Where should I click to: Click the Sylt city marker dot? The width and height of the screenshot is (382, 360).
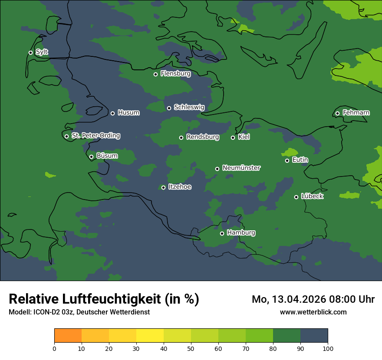[31, 52]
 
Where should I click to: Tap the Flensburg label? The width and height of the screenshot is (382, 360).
[175, 74]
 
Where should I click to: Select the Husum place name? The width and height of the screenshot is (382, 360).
[128, 113]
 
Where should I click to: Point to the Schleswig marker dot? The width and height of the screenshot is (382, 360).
[169, 108]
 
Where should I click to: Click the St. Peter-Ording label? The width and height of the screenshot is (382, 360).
[95, 136]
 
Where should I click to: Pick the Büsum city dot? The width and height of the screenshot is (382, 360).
[92, 157]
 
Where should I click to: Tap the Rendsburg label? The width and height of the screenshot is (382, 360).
[202, 137]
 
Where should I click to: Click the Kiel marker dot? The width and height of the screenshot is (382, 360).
[233, 137]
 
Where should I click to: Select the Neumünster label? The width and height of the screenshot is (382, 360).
[241, 168]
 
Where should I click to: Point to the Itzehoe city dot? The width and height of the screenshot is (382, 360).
[164, 187]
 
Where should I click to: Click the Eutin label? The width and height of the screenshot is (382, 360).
[300, 160]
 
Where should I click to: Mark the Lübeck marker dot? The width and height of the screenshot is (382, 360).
[296, 197]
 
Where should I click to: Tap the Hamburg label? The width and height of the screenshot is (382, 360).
[241, 233]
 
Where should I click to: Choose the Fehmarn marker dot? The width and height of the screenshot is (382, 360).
[338, 114]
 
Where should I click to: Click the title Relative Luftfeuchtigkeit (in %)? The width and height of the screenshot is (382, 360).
[104, 299]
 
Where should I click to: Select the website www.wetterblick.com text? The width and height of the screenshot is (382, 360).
[313, 312]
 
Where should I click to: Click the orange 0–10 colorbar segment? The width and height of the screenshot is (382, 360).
[68, 336]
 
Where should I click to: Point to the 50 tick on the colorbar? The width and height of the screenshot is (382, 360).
[191, 348]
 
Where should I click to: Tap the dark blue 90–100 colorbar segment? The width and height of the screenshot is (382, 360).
[314, 336]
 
